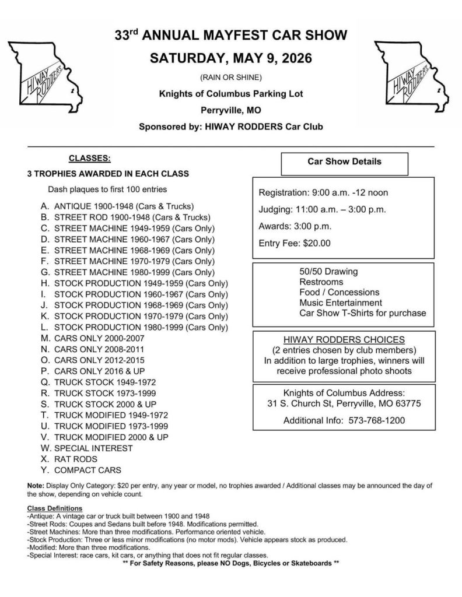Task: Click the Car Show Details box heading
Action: point(344,161)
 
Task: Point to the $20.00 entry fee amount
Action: point(317,243)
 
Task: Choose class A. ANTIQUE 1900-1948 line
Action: point(117,206)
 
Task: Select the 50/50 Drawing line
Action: point(328,272)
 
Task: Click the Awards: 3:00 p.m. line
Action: point(295,226)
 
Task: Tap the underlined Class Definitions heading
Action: point(55,509)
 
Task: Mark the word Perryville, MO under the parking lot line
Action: point(231,109)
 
